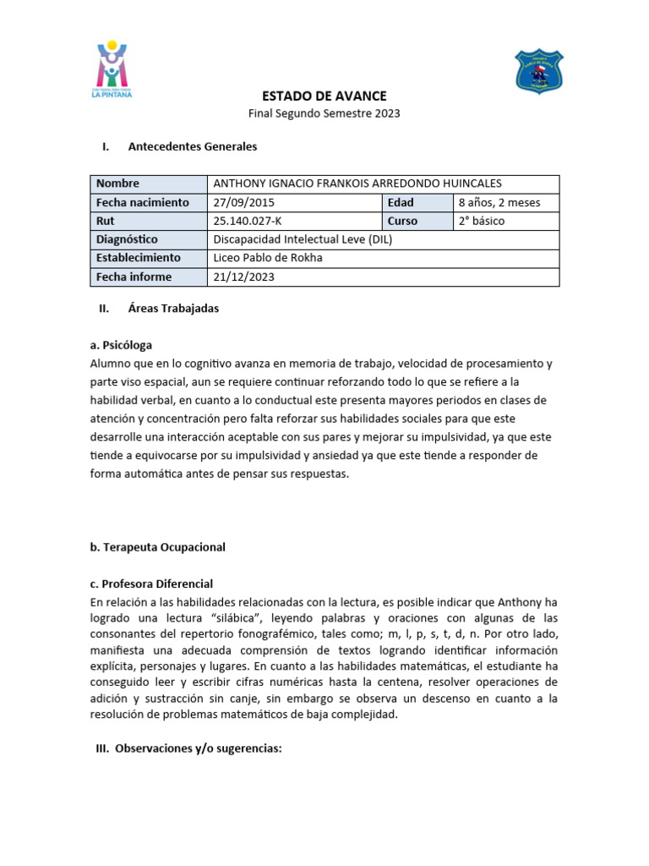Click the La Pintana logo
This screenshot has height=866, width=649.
point(112,70)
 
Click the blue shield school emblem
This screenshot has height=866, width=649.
point(538,72)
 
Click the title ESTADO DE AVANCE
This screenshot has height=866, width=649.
point(324,96)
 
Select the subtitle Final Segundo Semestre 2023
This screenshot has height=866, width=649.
point(324,113)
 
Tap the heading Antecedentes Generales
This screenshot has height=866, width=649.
point(192,146)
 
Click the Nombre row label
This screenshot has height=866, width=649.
point(117,184)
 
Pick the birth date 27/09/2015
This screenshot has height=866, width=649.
point(243,202)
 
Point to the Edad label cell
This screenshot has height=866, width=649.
point(401,202)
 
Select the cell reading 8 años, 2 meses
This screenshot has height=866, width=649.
point(499,202)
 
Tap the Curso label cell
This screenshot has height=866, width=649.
point(403,221)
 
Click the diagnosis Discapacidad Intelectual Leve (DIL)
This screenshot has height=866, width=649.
point(303,239)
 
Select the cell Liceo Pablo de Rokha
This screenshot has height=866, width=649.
point(268,258)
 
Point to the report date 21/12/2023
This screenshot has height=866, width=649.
point(243,277)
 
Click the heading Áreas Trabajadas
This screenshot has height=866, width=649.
point(173,309)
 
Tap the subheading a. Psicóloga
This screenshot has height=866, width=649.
point(121,345)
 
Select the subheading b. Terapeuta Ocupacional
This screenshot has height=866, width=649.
point(157,547)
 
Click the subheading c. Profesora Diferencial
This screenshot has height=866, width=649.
point(151,584)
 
